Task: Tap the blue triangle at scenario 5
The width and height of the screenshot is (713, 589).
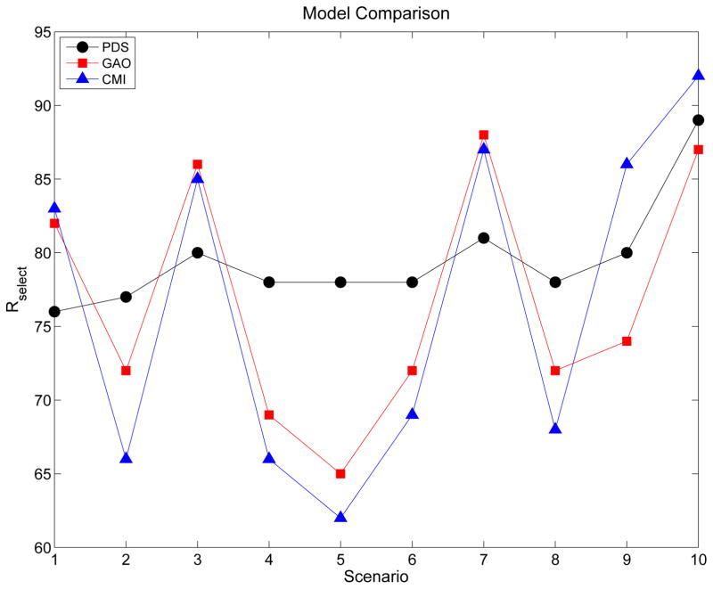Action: point(340,517)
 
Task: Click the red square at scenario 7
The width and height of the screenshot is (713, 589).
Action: point(484,135)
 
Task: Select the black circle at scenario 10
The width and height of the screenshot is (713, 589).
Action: point(698,120)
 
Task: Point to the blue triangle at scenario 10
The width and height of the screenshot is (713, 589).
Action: point(698,76)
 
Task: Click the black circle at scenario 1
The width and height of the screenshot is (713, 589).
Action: point(54,312)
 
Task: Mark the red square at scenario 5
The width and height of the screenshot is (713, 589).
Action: point(340,474)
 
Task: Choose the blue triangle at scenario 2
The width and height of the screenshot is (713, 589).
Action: point(126,458)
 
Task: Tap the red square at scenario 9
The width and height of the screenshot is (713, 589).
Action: point(627,341)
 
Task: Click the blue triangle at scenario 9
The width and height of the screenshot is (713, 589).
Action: point(627,164)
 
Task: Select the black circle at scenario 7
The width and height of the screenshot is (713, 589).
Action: point(484,238)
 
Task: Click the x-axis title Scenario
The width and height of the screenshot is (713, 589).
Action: point(375,577)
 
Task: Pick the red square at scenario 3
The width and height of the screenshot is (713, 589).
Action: point(197,164)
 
